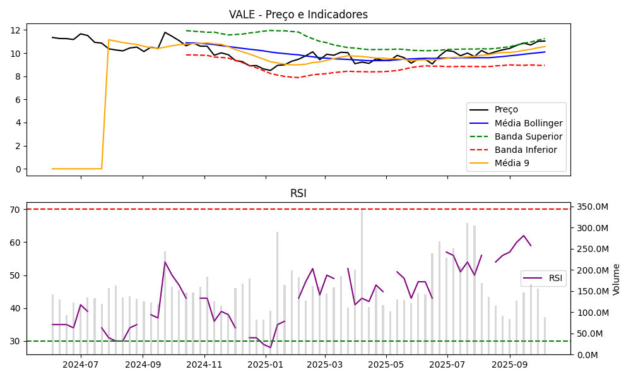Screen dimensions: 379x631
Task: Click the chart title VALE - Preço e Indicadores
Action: point(298,15)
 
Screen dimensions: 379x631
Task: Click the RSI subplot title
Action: point(298,193)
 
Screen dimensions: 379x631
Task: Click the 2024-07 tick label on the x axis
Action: point(81,364)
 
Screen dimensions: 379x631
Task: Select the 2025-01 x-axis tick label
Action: point(266,364)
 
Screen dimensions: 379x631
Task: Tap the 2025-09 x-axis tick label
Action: point(509,364)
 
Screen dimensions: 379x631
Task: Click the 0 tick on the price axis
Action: point(18,169)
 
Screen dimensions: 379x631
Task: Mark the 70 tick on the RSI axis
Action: point(16,210)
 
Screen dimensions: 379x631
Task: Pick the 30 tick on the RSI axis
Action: point(16,341)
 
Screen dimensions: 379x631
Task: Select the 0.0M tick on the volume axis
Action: point(586,355)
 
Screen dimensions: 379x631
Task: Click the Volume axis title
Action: point(616,279)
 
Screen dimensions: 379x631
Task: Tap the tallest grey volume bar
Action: point(362,282)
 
